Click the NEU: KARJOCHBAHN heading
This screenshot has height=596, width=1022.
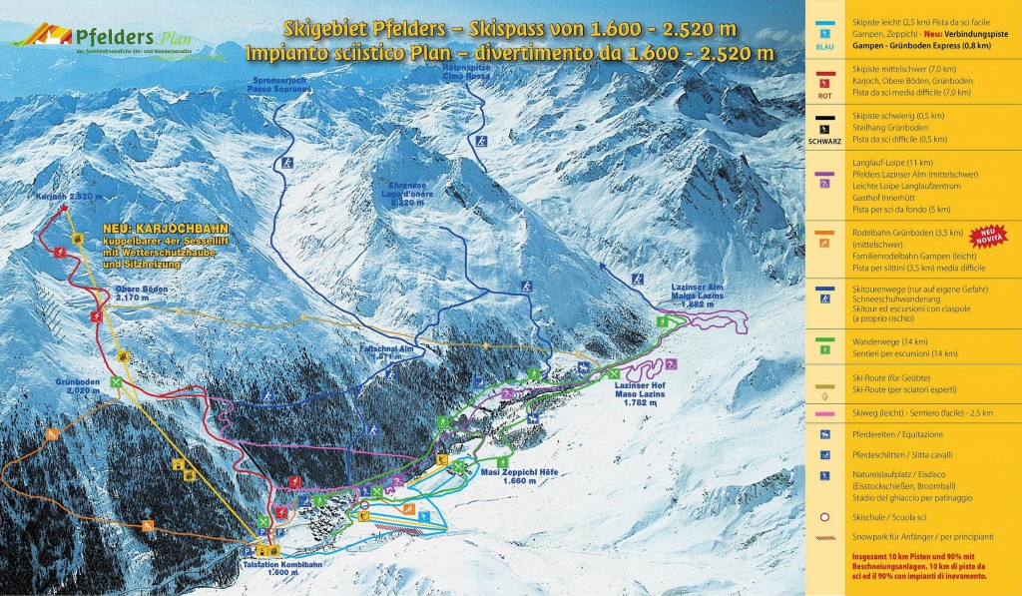[x=161, y=228]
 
